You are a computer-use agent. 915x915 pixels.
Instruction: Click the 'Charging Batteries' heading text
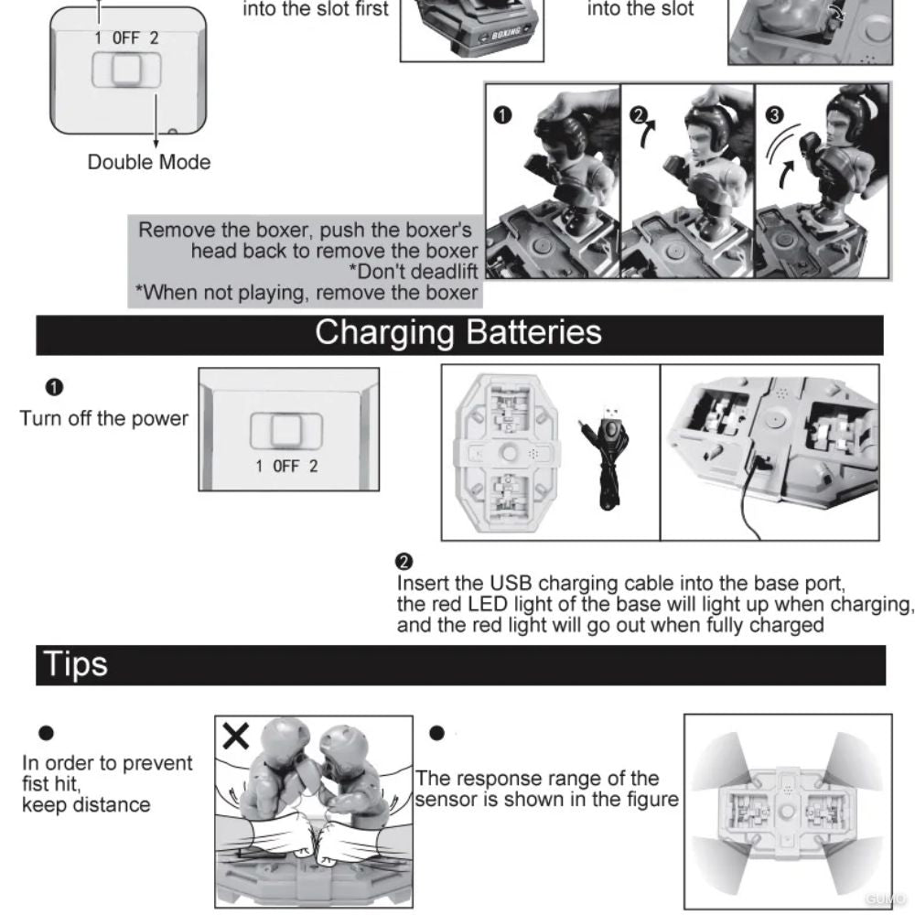[x=458, y=334]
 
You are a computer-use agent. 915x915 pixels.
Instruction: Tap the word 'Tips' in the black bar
[x=75, y=664]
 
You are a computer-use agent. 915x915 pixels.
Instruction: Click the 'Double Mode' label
[x=149, y=162]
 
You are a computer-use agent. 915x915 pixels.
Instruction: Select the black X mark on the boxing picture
[x=236, y=736]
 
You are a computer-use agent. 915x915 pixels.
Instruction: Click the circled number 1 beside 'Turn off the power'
[x=54, y=387]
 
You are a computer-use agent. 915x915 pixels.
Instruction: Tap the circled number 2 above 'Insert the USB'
[x=404, y=562]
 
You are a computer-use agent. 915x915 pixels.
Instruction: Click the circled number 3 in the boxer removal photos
[x=774, y=115]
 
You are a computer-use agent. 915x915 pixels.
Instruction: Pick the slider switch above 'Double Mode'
[x=126, y=70]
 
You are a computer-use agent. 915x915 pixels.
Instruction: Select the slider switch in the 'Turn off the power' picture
[x=285, y=431]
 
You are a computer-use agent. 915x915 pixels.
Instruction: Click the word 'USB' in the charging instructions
[x=511, y=584]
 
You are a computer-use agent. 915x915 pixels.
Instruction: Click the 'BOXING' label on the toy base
[x=505, y=34]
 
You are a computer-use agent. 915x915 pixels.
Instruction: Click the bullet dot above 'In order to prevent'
[x=46, y=733]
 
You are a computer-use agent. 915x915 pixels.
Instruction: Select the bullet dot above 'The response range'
[x=436, y=733]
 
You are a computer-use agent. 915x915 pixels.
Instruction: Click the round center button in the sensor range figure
[x=787, y=811]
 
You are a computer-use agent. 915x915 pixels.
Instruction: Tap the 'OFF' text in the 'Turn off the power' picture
[x=285, y=467]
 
